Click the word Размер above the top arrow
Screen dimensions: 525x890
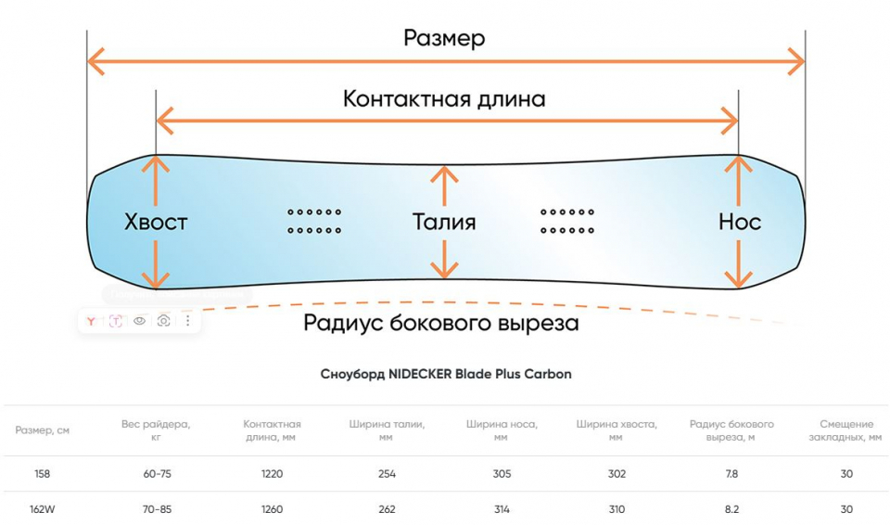tap(444, 38)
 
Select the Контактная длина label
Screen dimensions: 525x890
tap(444, 98)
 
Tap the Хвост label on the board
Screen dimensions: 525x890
tap(156, 222)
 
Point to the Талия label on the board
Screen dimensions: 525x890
tap(444, 222)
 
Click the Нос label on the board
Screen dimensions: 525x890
tap(739, 222)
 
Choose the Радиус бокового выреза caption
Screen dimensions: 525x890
tap(441, 323)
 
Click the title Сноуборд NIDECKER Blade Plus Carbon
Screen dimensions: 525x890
tap(445, 375)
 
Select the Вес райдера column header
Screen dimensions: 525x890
tap(156, 429)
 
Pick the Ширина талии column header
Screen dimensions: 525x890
tap(387, 429)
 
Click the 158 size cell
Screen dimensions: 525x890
tap(42, 474)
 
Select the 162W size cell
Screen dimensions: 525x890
tap(42, 509)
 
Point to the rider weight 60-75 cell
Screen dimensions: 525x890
tap(156, 474)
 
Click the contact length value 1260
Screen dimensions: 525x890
tap(272, 509)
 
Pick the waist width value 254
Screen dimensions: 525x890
tap(387, 474)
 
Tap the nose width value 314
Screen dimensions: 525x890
tap(502, 509)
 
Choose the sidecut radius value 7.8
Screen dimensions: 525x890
tap(731, 474)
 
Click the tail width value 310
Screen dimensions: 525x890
tap(617, 509)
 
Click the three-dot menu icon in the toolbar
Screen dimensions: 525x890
tap(187, 320)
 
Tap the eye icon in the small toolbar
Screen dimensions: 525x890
tap(140, 320)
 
